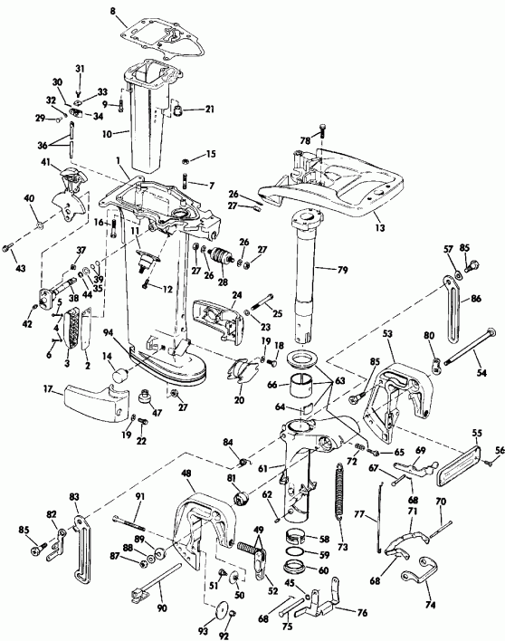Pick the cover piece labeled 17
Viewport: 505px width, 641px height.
tap(90, 401)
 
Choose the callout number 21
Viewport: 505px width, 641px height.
tap(209, 110)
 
